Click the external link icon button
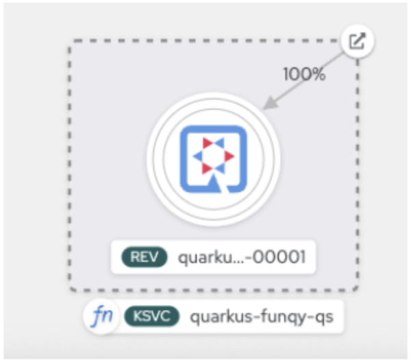(x=358, y=42)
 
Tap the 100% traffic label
(x=304, y=74)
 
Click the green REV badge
(x=144, y=257)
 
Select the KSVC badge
(x=151, y=317)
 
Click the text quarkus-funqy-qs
(x=263, y=317)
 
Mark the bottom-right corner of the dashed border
(x=357, y=289)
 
